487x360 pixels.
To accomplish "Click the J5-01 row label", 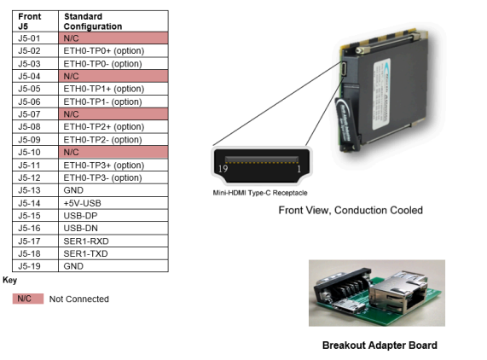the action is point(29,38).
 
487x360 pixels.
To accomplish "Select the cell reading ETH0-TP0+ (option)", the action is point(104,50).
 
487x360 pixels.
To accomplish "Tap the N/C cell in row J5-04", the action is point(113,76).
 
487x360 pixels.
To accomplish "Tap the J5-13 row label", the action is point(29,190).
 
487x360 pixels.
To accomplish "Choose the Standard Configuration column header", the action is point(93,21).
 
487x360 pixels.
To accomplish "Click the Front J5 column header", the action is point(30,21).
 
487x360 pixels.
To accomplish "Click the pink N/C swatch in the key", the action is point(28,299).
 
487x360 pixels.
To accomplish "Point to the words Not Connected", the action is point(78,299).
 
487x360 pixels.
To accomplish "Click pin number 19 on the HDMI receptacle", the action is point(223,169).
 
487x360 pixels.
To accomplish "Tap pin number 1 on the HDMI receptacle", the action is point(299,169).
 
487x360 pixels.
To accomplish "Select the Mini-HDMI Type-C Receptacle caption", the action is point(260,193).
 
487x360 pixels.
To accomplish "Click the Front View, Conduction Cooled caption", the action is point(351,211).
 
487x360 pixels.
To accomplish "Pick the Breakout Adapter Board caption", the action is point(380,345).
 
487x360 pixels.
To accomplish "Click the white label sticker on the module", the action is point(382,94).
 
